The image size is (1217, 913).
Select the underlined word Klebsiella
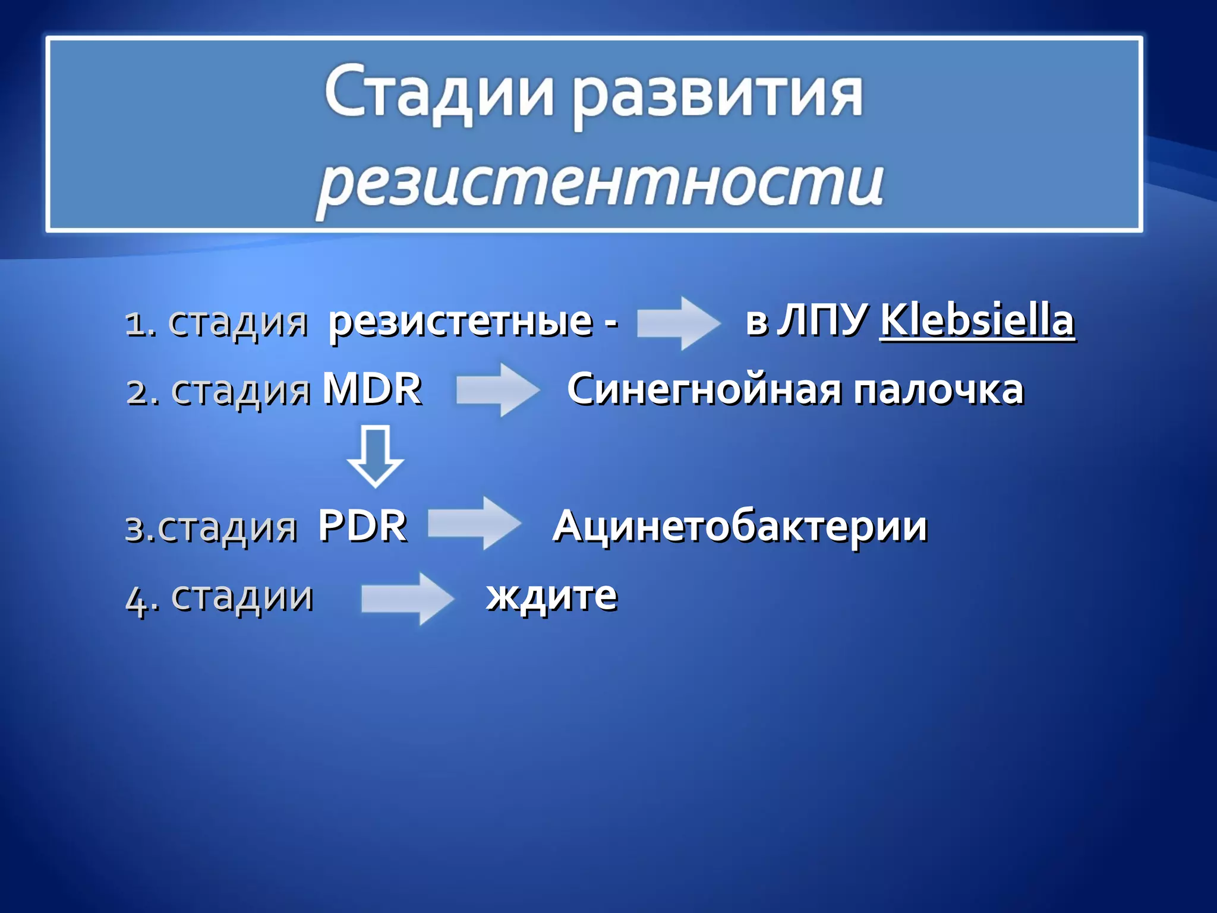(977, 321)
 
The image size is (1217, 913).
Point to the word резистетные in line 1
(461, 322)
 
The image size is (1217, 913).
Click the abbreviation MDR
(372, 389)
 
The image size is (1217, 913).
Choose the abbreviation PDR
(362, 526)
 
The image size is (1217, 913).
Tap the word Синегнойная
(704, 391)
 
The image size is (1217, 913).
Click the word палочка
(938, 391)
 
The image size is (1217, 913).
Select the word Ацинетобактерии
(740, 527)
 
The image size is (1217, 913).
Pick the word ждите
(552, 596)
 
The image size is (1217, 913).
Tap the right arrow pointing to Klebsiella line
(678, 323)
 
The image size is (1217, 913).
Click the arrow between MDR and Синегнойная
(498, 390)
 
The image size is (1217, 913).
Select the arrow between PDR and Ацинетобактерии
(474, 524)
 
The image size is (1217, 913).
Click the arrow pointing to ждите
(408, 598)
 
